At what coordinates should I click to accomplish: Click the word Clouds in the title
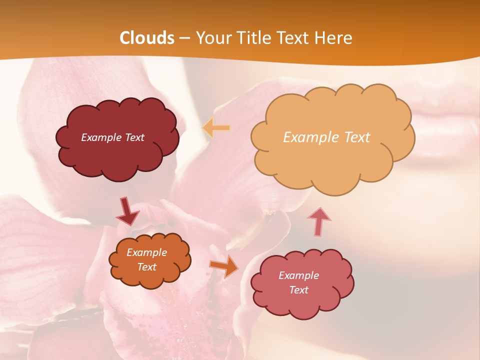click(x=147, y=38)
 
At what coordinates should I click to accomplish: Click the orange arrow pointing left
click(x=216, y=128)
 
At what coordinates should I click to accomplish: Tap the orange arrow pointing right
click(x=224, y=266)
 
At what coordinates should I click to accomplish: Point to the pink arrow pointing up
click(x=319, y=221)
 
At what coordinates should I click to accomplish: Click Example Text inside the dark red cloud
click(x=112, y=137)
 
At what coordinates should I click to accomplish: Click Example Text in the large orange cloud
click(x=326, y=137)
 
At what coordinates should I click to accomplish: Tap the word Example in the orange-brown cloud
click(x=146, y=252)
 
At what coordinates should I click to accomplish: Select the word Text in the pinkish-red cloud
click(x=298, y=290)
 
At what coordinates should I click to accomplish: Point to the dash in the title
click(x=184, y=38)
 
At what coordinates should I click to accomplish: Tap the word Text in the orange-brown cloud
click(x=146, y=267)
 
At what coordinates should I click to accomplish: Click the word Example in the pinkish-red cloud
click(x=298, y=275)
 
